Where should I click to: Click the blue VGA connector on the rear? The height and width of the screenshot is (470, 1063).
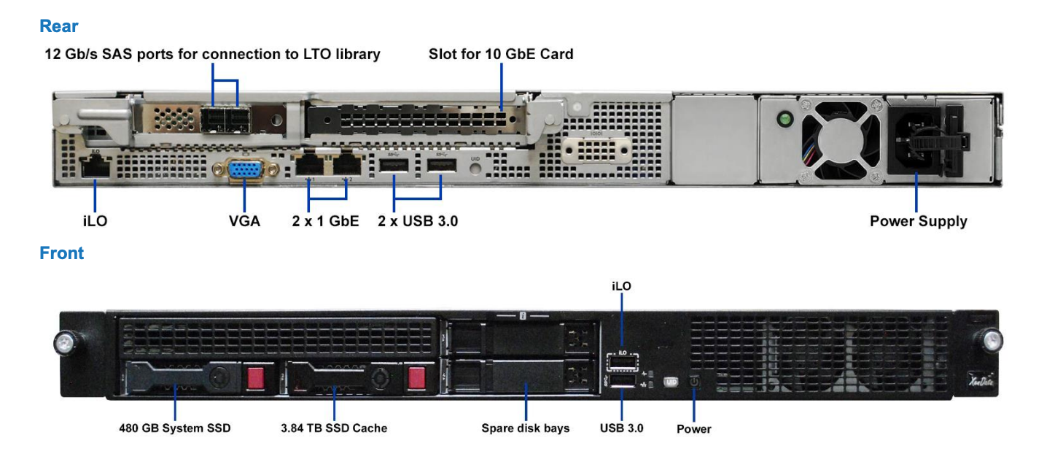point(246,170)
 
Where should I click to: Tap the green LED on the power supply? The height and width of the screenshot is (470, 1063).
point(785,118)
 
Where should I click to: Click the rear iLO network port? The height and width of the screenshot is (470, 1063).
point(96,166)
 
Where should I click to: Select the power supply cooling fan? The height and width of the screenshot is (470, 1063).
point(841,141)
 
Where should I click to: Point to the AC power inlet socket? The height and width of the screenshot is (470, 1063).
point(913,139)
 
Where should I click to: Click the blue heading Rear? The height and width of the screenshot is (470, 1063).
point(59,26)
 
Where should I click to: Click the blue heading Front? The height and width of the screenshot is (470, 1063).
point(62,253)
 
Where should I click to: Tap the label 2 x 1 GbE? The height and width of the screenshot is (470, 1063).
point(326,221)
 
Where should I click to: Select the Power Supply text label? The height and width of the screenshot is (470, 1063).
point(918,221)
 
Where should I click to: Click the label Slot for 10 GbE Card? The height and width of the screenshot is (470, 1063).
point(501,54)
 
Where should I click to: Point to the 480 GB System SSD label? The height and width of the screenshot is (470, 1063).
point(175,428)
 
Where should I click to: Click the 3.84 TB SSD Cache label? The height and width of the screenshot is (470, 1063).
point(334,428)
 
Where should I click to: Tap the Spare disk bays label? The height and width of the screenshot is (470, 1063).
point(526,428)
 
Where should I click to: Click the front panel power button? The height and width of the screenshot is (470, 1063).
point(694,382)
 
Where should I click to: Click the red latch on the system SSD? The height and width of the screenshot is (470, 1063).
point(256,378)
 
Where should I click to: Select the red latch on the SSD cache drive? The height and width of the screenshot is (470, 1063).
point(416,378)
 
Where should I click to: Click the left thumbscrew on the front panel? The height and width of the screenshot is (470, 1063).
point(64,342)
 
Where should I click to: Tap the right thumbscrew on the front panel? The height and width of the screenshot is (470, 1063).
point(992,340)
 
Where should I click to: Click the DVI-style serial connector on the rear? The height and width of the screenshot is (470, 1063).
point(596,150)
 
